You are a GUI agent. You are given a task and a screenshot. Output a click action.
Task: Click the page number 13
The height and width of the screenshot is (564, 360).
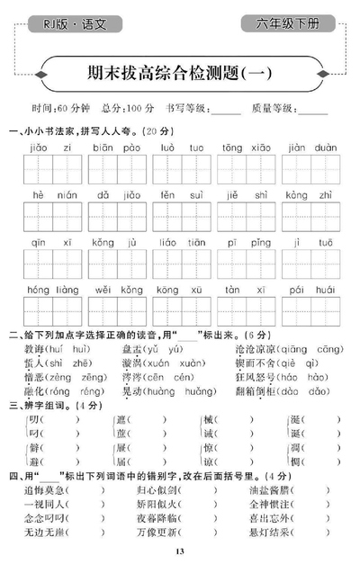tap(179, 551)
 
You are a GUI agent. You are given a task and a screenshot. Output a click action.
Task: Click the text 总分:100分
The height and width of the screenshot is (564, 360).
tap(129, 109)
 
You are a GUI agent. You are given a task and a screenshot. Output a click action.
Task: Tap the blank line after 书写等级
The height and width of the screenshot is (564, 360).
tap(228, 111)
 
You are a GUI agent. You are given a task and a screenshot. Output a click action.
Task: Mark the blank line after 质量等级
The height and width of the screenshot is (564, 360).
tap(312, 111)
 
